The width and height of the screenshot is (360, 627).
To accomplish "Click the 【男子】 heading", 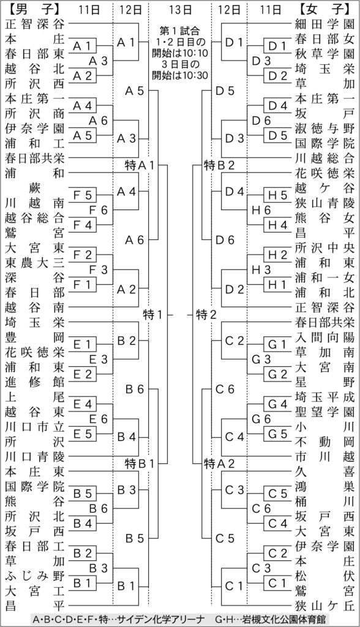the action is pyautogui.click(x=32, y=9).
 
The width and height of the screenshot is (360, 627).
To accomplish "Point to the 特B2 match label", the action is pyautogui.click(x=220, y=165).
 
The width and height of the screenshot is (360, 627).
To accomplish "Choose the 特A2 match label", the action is pyautogui.click(x=220, y=464).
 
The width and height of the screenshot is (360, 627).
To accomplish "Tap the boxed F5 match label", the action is pyautogui.click(x=83, y=195).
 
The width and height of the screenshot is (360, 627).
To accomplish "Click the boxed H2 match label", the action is pyautogui.click(x=278, y=254).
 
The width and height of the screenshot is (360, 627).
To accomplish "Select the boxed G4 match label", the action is pyautogui.click(x=278, y=404).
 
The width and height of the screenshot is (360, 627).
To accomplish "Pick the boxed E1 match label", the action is pyautogui.click(x=83, y=344).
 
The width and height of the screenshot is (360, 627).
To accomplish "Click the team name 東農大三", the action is pyautogui.click(x=35, y=263).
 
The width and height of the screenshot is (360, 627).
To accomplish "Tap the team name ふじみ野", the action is pyautogui.click(x=35, y=576).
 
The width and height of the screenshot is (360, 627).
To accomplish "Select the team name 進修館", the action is pyautogui.click(x=35, y=382).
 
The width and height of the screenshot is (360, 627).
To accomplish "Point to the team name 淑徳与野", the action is pyautogui.click(x=325, y=129).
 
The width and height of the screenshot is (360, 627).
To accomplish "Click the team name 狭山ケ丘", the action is pyautogui.click(x=325, y=606).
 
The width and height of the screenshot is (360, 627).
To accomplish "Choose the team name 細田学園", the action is pyautogui.click(x=325, y=24).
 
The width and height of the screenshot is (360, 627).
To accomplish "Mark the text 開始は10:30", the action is pyautogui.click(x=180, y=75).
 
